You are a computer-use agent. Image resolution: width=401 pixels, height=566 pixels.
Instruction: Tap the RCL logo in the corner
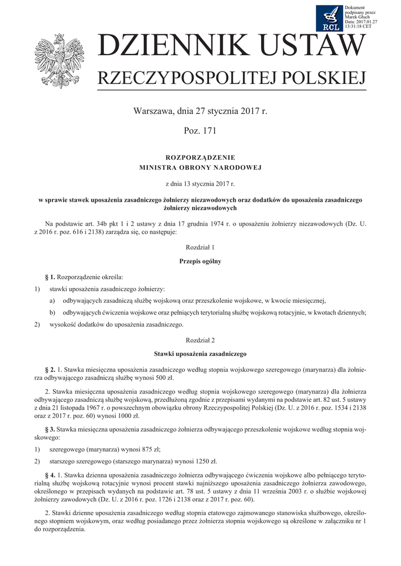(329, 18)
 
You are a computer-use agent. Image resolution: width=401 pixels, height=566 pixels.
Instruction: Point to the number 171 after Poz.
(209, 131)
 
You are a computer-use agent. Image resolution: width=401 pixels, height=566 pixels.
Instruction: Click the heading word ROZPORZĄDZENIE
(200, 158)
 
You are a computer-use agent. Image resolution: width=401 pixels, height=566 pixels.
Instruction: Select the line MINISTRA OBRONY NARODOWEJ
(200, 167)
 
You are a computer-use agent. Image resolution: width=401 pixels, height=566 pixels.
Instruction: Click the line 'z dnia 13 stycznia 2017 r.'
(200, 183)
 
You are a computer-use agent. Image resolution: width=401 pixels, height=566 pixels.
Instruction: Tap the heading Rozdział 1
(200, 248)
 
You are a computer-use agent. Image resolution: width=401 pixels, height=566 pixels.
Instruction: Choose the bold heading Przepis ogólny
(200, 261)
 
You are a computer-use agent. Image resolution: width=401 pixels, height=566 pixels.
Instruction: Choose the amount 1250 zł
(205, 460)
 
